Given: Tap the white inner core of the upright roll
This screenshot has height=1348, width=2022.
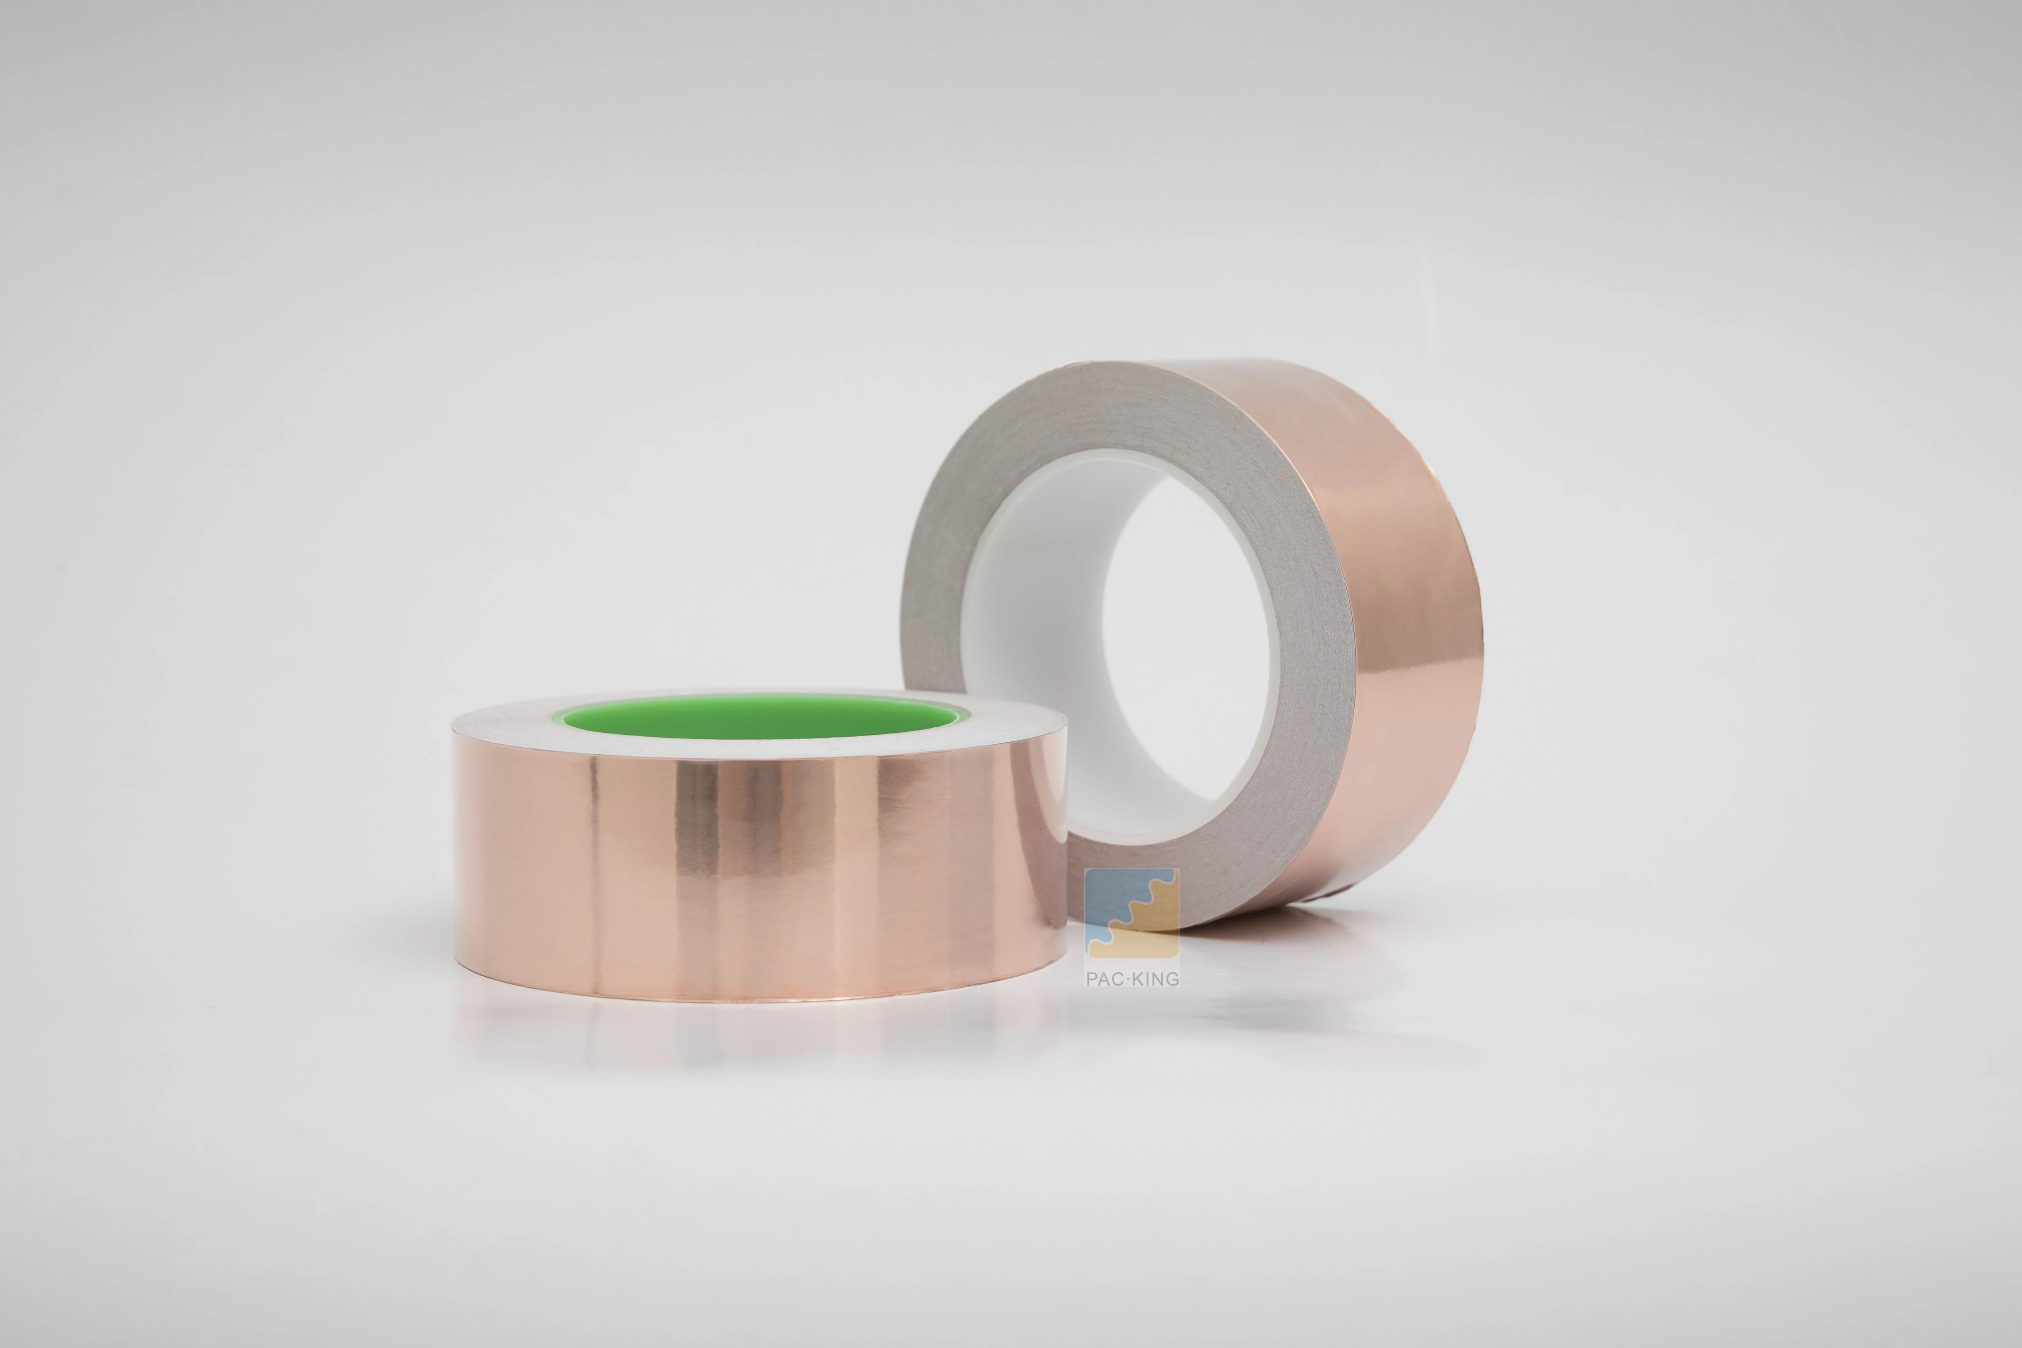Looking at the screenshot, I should click(1032, 653).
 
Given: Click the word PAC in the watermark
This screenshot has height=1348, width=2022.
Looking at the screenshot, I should click(1103, 978).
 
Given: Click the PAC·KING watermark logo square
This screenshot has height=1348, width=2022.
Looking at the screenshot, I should click(1131, 913).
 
